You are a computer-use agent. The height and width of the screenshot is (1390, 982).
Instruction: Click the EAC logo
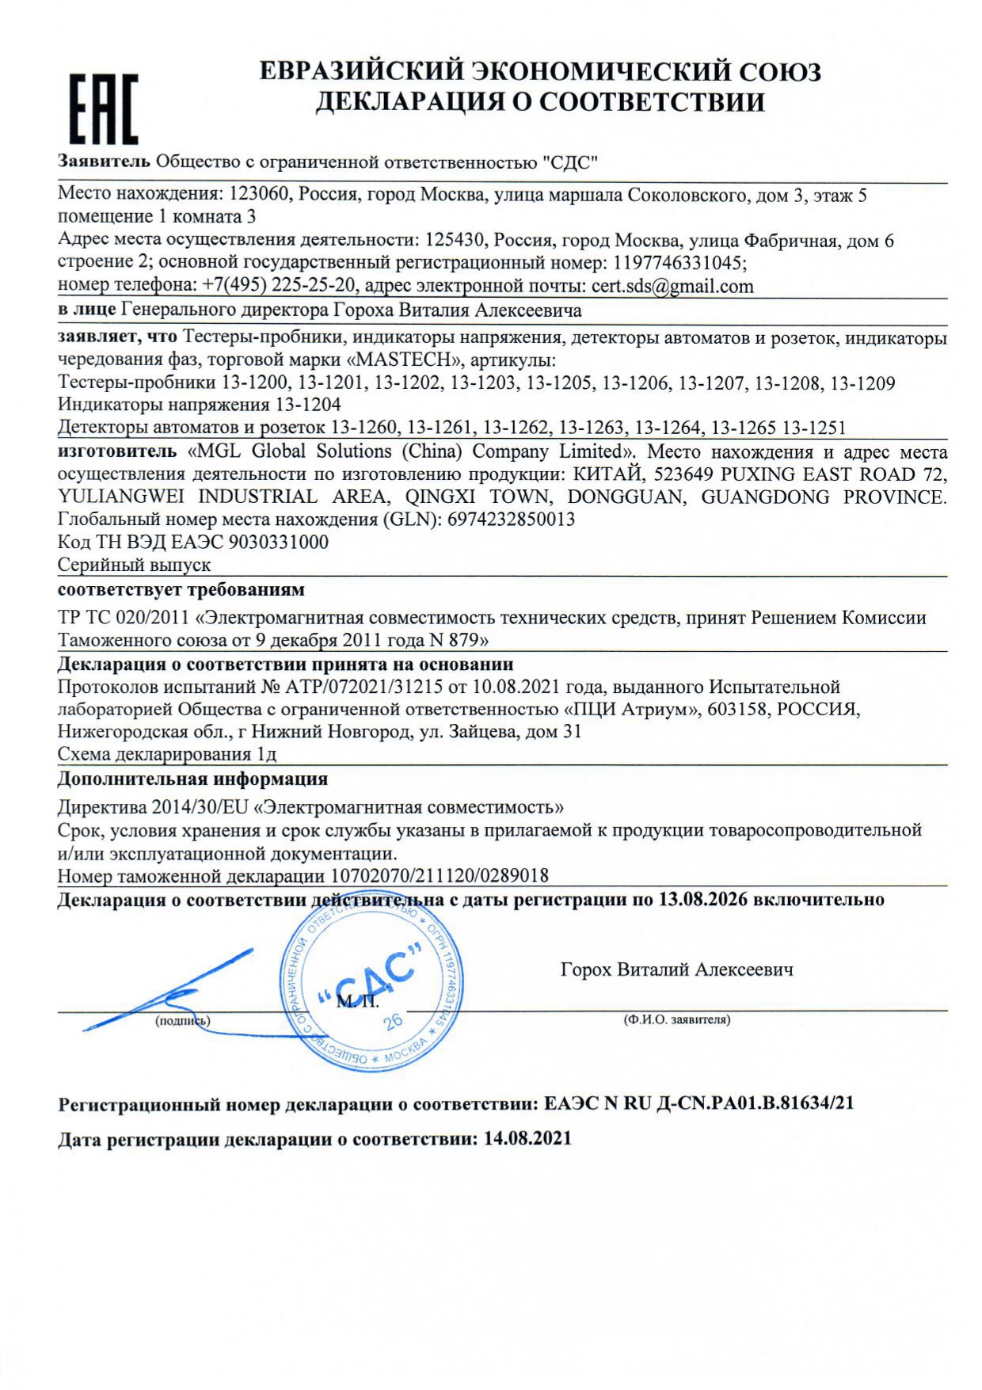[103, 109]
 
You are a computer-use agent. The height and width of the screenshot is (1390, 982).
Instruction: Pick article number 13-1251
[813, 428]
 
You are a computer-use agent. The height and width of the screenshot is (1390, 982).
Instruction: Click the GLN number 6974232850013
[511, 520]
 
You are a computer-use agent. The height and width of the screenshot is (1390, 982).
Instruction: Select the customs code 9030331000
[278, 543]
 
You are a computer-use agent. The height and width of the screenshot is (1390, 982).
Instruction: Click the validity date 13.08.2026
[702, 900]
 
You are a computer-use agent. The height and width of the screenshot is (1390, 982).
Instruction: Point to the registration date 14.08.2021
[527, 1139]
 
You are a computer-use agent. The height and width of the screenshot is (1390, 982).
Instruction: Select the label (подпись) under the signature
[183, 1020]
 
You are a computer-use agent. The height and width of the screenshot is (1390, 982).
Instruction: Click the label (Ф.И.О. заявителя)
[677, 1019]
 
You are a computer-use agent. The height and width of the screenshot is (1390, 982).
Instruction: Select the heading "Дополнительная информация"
[192, 779]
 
